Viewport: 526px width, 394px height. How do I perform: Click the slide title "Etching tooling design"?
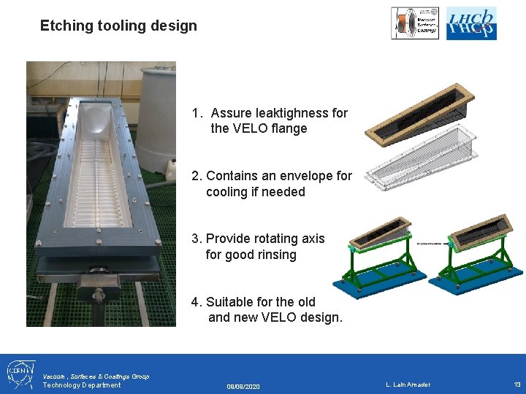coord(118,26)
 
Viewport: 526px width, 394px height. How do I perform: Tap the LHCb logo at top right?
coord(471,23)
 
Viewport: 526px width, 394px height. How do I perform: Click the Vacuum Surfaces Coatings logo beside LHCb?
coord(415,23)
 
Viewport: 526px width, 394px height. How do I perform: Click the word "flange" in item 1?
coord(289,129)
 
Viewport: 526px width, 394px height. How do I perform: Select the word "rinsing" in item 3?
coord(272,255)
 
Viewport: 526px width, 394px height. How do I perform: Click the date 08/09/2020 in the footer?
coord(243,386)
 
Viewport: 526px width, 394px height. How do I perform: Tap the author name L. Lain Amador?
coord(408,385)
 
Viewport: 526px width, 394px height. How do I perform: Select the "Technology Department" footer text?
coord(82,385)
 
